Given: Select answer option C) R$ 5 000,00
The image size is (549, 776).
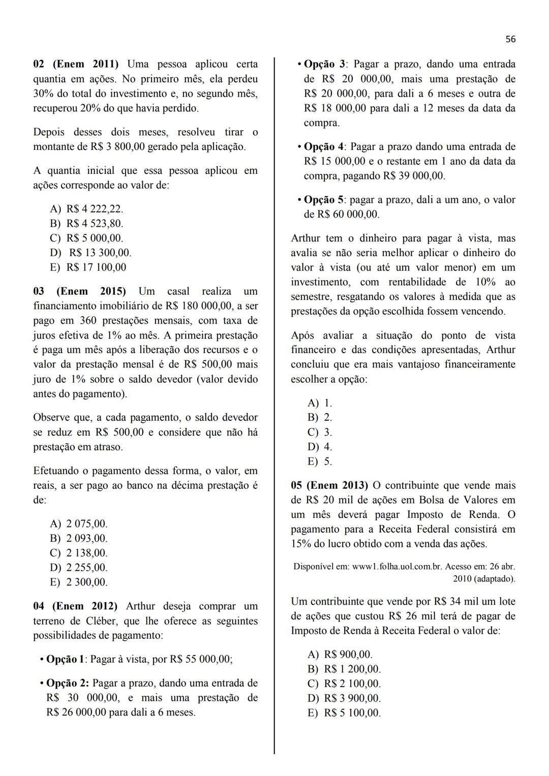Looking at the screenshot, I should click(x=87, y=238).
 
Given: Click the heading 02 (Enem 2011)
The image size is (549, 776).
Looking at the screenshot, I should click(x=76, y=65).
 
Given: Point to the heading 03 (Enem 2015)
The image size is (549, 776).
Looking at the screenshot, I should click(x=79, y=292).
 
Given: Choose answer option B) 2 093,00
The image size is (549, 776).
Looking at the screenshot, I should click(x=79, y=539).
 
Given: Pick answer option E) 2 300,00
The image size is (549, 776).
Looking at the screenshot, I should click(x=79, y=582).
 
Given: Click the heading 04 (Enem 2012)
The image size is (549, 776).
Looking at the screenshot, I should click(x=75, y=606).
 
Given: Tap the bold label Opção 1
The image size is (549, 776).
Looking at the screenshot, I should click(x=65, y=660).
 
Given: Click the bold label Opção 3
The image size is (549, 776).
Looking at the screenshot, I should click(x=324, y=65).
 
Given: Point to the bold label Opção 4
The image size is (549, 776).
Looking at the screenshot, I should click(x=324, y=147).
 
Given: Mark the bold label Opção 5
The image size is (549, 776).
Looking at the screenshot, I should click(x=324, y=200).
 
